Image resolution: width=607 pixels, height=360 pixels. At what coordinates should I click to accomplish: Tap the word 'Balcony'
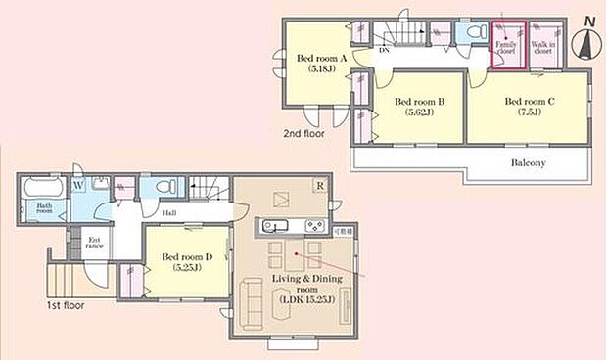528,162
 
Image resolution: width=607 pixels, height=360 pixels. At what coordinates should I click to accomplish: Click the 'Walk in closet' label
545,47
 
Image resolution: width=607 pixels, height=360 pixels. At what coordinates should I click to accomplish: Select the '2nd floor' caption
304,134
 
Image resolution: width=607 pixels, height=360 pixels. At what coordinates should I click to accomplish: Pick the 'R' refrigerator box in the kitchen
319,186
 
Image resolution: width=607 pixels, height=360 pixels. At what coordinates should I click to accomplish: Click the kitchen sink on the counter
273,228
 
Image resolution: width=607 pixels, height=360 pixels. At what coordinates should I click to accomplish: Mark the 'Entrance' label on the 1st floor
95,244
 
